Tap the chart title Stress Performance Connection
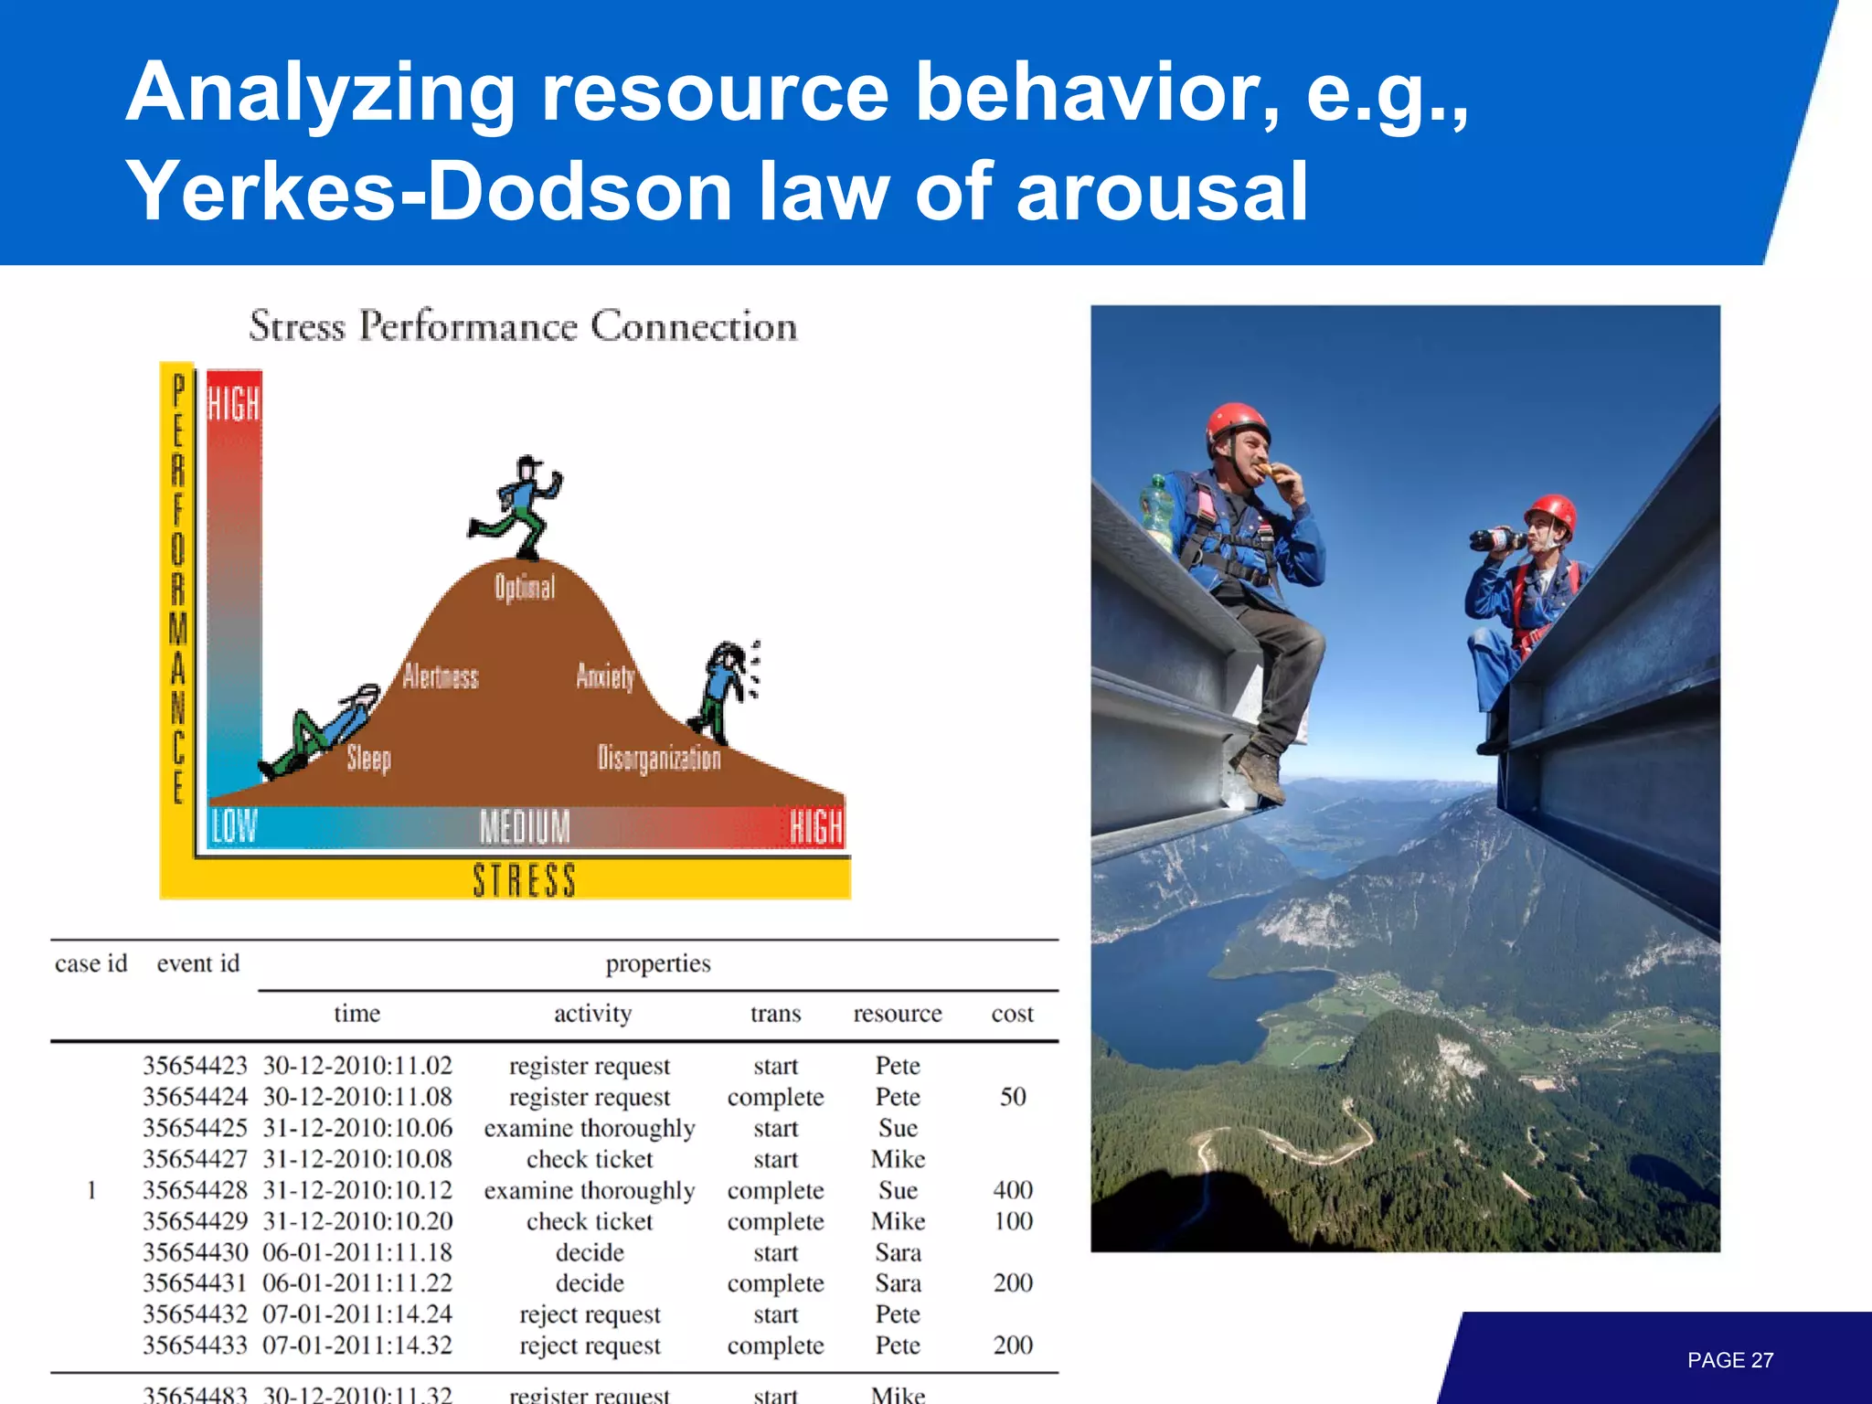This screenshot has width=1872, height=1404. point(523,326)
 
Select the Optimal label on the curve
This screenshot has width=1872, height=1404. point(525,587)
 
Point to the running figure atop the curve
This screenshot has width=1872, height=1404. point(517,507)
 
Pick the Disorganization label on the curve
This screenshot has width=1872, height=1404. point(658,758)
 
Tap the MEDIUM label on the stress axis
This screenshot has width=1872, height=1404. point(525,827)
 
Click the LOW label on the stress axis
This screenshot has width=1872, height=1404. point(234,826)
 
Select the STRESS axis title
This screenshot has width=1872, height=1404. point(524,880)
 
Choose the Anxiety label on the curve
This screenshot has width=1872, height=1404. point(605,675)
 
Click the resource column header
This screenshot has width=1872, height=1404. point(897,1014)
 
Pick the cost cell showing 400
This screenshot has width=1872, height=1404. point(1013,1190)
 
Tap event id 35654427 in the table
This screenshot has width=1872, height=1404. point(195,1159)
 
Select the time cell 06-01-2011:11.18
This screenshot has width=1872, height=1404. point(357,1252)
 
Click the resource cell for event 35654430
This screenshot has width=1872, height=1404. point(898,1252)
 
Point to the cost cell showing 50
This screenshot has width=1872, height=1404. point(1013,1097)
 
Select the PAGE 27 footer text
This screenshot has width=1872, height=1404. point(1729,1360)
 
